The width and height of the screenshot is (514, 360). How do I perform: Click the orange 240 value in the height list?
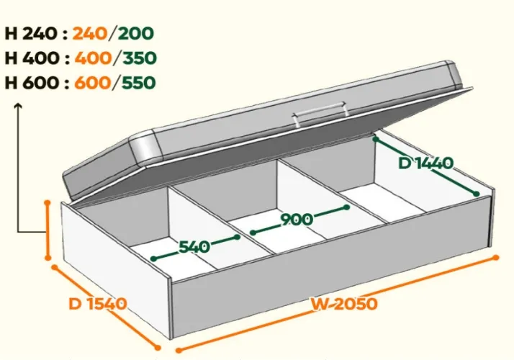(90, 33)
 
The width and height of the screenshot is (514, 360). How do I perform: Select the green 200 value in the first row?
(135, 33)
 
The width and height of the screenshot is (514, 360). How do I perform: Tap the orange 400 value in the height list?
(94, 58)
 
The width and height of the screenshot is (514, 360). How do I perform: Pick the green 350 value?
(139, 58)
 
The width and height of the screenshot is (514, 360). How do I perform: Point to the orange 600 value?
(93, 83)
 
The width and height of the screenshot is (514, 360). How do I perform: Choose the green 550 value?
(138, 83)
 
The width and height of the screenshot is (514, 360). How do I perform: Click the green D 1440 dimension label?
(426, 163)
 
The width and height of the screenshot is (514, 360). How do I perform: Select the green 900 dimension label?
(297, 220)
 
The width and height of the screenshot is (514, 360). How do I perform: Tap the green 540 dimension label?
(194, 246)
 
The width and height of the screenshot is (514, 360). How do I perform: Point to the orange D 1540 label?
(98, 304)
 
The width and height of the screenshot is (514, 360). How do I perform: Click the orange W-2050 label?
(344, 304)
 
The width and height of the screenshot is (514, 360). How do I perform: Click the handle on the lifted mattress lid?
(320, 113)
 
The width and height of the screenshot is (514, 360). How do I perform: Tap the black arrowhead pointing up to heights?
(18, 106)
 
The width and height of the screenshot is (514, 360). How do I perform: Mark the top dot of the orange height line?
(48, 203)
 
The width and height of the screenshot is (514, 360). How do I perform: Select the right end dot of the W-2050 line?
(496, 258)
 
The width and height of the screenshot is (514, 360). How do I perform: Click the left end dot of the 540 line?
(153, 258)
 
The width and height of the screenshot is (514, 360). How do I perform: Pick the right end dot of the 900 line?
(347, 207)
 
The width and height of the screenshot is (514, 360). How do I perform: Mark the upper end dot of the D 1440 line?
(376, 140)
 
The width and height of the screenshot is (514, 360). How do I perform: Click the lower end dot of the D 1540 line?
(158, 348)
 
